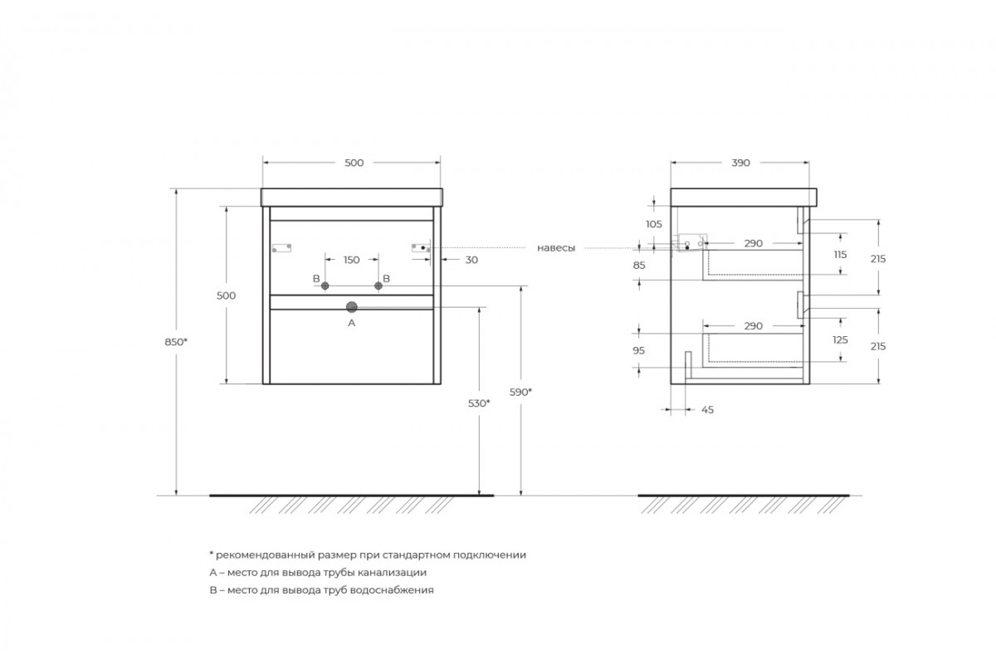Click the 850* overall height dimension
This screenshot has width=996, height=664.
[x=176, y=342]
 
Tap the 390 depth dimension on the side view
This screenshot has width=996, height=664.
[x=740, y=163]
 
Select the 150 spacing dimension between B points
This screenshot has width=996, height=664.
[x=351, y=260]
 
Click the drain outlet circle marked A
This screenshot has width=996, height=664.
[x=352, y=307]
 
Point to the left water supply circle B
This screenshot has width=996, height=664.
[x=325, y=286]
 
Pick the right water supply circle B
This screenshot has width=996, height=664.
[x=378, y=286]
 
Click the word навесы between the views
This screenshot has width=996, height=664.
[x=556, y=248]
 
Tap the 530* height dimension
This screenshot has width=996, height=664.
[x=479, y=403]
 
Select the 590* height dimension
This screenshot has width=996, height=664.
[x=520, y=393]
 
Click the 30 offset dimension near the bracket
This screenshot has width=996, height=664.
[x=471, y=260]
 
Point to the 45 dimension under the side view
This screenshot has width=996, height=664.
[x=707, y=410]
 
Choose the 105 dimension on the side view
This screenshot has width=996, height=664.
[x=654, y=224]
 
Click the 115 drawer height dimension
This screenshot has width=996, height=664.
[x=840, y=254]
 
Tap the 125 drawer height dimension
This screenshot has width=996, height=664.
[x=840, y=339]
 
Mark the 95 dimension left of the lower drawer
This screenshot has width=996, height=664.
[x=638, y=350]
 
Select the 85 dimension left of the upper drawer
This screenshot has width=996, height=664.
[x=639, y=265]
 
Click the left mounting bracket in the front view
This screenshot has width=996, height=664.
[x=281, y=247]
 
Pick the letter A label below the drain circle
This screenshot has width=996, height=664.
[x=351, y=323]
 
